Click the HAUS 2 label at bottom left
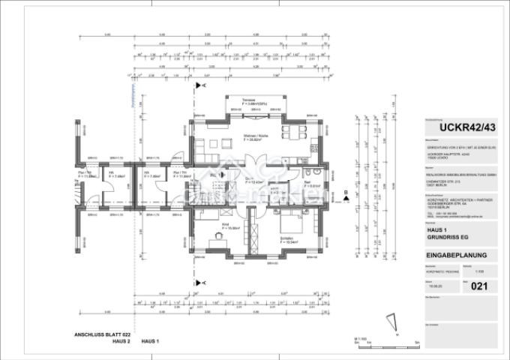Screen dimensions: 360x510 pos(113,341)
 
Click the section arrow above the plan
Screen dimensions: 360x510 pos(198,86)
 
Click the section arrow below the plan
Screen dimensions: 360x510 pos(198,282)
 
